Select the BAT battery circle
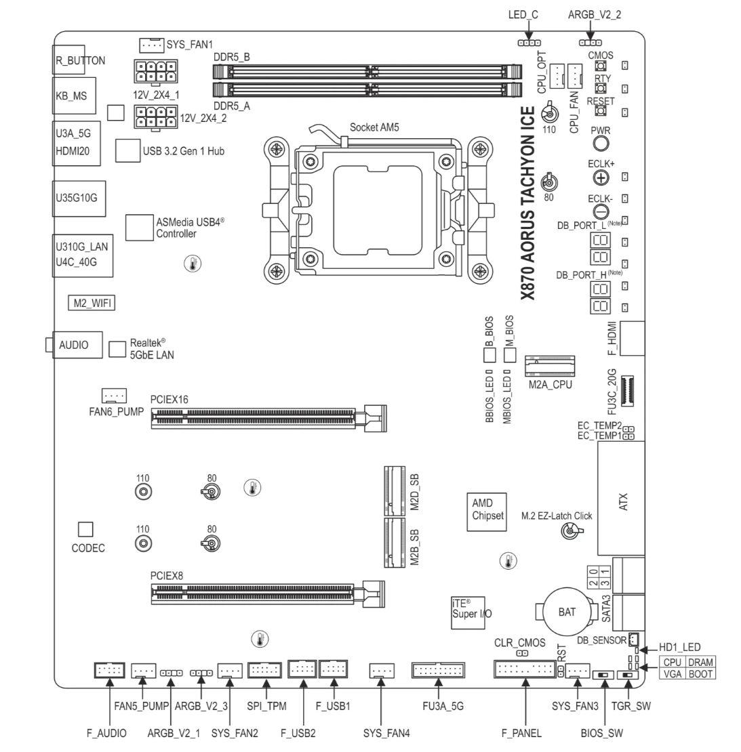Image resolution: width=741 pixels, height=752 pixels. [567, 612]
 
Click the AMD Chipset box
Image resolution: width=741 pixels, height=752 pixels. [488, 509]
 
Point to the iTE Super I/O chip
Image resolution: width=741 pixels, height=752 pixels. [471, 608]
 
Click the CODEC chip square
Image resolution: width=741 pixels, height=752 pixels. [85, 528]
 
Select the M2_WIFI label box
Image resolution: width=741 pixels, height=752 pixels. [90, 303]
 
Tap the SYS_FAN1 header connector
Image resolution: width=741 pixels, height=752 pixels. [152, 45]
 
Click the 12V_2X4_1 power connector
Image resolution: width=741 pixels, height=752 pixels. [155, 71]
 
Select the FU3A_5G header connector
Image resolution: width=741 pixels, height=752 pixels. [438, 671]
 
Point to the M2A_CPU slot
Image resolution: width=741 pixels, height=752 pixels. [550, 367]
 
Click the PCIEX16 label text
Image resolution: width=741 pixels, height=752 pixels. [169, 400]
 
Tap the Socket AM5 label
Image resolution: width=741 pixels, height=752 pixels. [374, 127]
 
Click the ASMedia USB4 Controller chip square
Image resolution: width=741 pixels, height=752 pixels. [139, 228]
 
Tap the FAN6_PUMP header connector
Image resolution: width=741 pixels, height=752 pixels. [114, 394]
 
